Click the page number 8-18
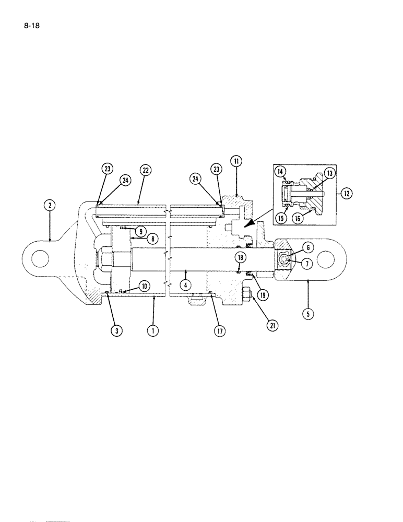coord(31,23)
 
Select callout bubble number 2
coord(50,205)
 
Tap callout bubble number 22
coord(145,171)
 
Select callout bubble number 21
coord(272,326)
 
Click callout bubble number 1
coord(152,331)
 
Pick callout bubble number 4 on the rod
coord(184,285)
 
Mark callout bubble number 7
coord(307,264)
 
